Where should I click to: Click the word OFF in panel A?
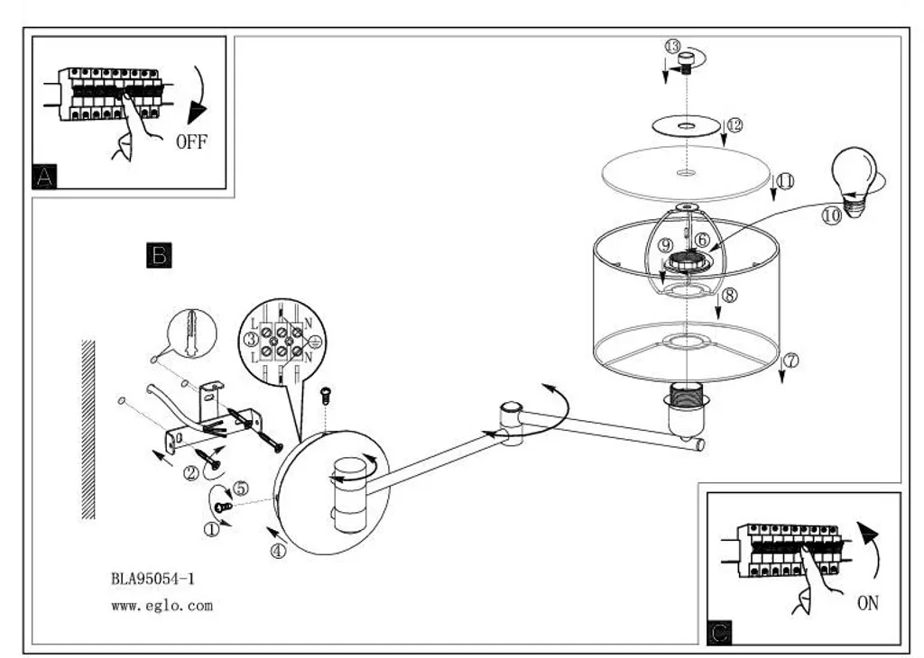191,142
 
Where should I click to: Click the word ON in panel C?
867,603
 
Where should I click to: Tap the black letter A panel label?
45,176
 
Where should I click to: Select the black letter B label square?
159,255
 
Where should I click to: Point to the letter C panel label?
719,633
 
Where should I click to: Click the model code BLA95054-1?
152,579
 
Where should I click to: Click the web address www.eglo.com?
162,606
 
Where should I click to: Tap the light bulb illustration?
855,182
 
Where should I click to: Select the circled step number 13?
672,46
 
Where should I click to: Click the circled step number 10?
831,216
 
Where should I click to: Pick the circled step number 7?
791,361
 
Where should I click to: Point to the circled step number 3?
251,339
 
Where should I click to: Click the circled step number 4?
278,552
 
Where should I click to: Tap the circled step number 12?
735,124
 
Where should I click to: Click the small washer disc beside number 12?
687,126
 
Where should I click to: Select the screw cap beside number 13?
687,62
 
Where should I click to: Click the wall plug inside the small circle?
191,334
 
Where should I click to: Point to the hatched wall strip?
88,430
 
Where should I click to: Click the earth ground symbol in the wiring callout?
315,341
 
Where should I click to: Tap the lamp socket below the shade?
687,411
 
